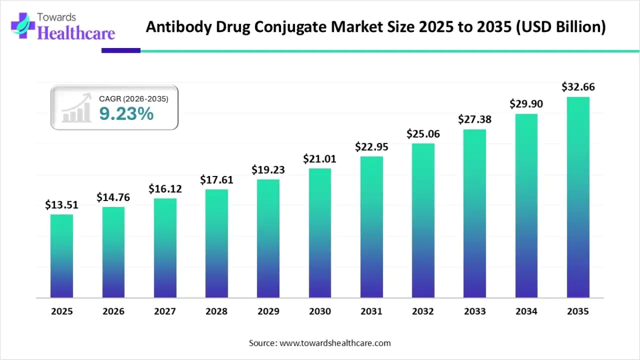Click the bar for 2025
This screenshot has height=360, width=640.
[x=62, y=256]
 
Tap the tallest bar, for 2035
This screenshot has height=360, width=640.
[x=578, y=197]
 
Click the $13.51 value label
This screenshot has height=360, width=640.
[x=62, y=205]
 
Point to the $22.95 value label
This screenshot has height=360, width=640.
[x=372, y=147]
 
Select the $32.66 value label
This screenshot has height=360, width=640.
[x=578, y=87]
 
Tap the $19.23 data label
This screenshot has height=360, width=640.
[x=268, y=170]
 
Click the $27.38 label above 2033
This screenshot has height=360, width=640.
[x=475, y=120]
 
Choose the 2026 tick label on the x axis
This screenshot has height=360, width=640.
[x=113, y=311]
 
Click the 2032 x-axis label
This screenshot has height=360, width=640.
[x=423, y=311]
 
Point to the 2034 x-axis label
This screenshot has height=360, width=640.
[x=526, y=311]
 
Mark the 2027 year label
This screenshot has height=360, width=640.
[x=165, y=311]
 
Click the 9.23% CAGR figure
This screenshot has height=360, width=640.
[x=126, y=113]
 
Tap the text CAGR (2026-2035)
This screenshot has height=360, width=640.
[x=134, y=99]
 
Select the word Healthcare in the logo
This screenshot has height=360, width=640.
[x=77, y=34]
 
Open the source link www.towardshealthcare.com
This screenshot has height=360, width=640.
[x=335, y=343]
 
